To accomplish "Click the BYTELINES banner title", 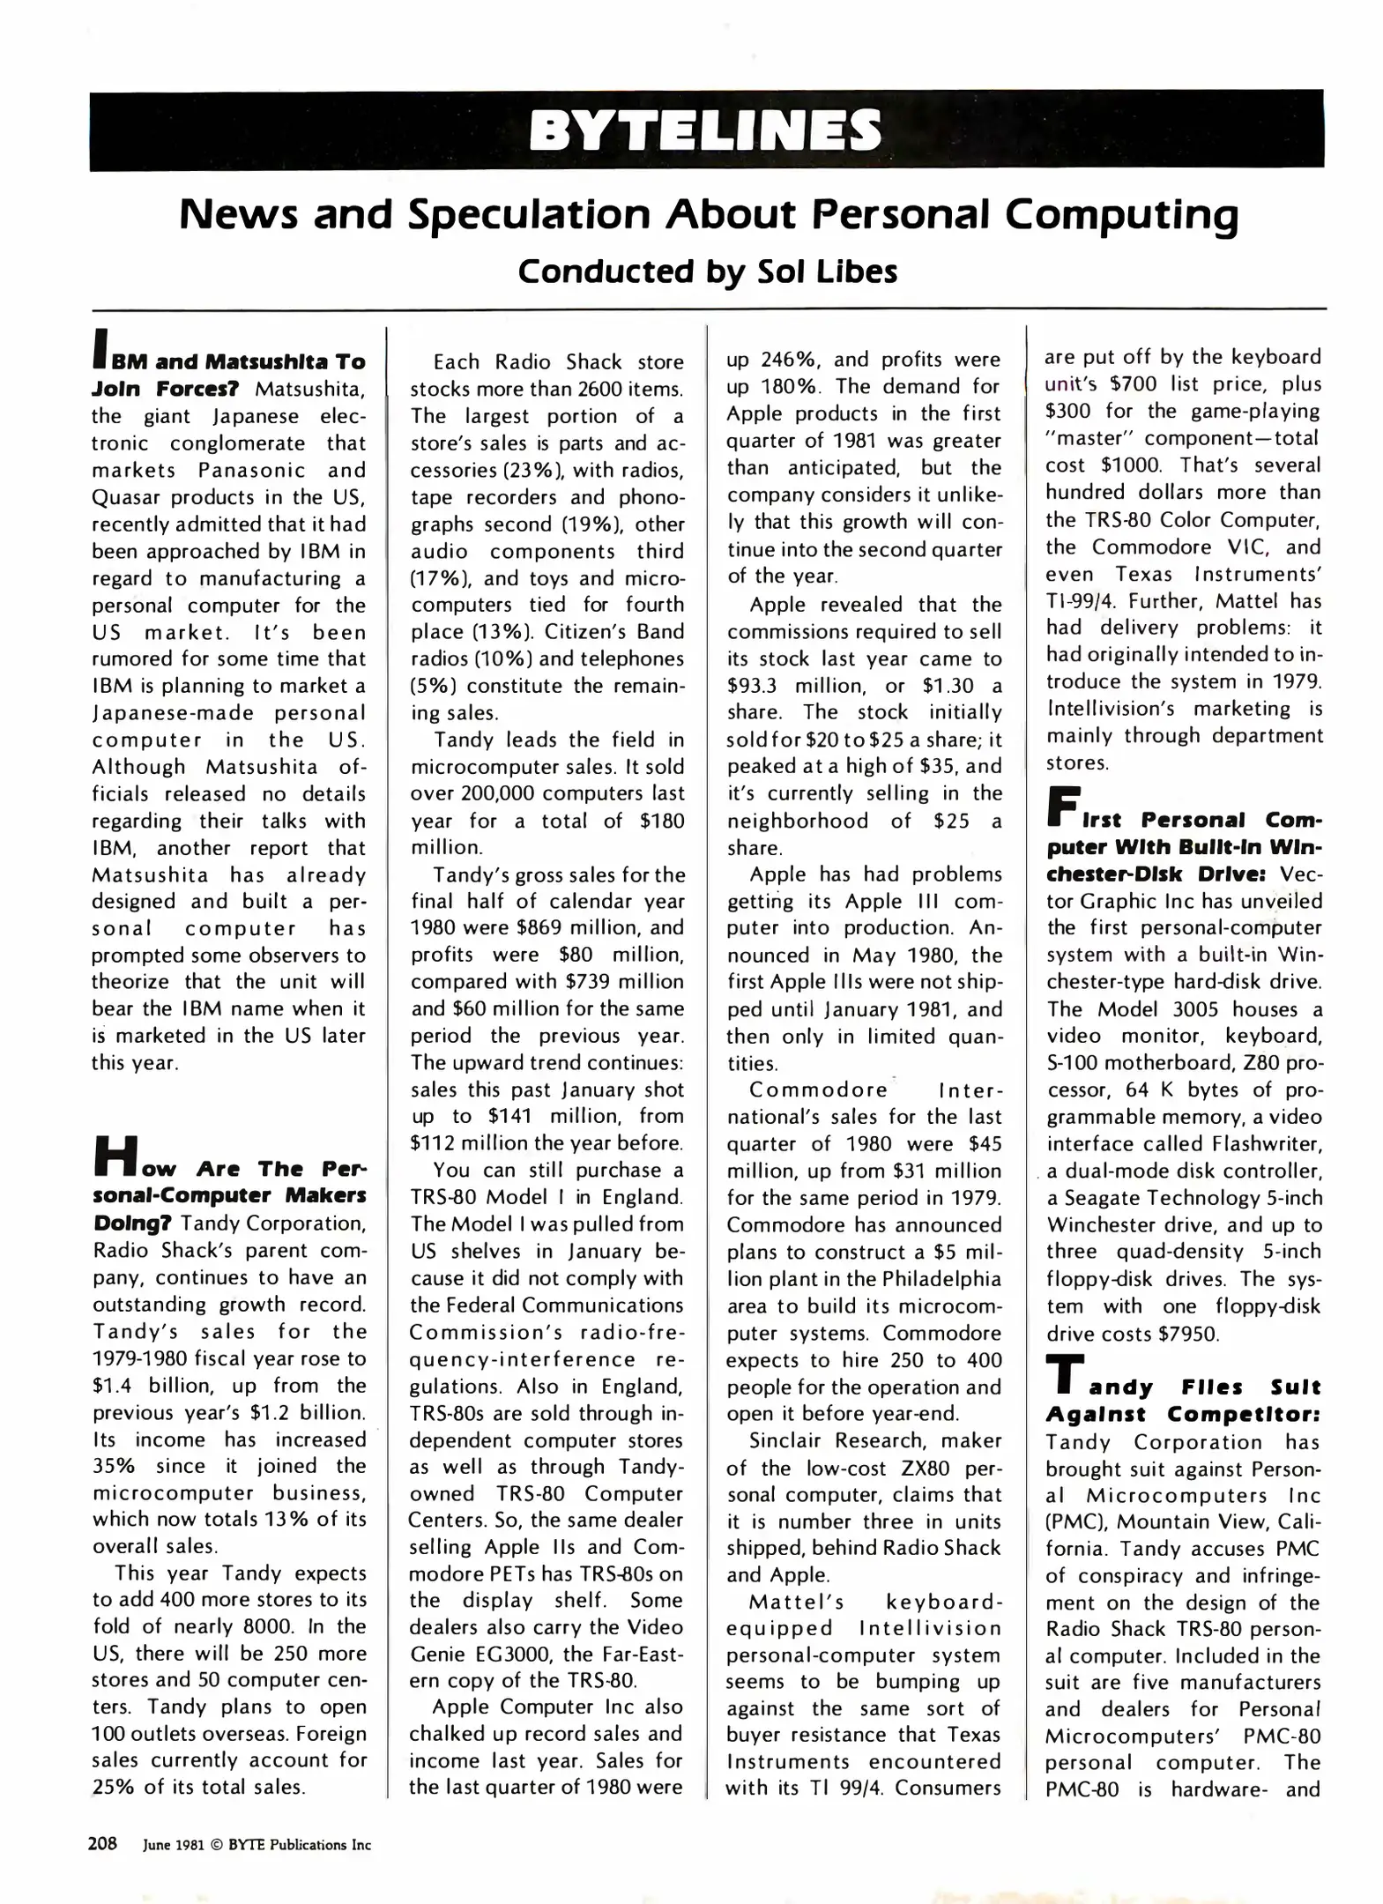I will point(704,130).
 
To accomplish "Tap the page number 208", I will point(102,1843).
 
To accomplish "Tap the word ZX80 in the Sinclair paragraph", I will point(922,1469).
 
